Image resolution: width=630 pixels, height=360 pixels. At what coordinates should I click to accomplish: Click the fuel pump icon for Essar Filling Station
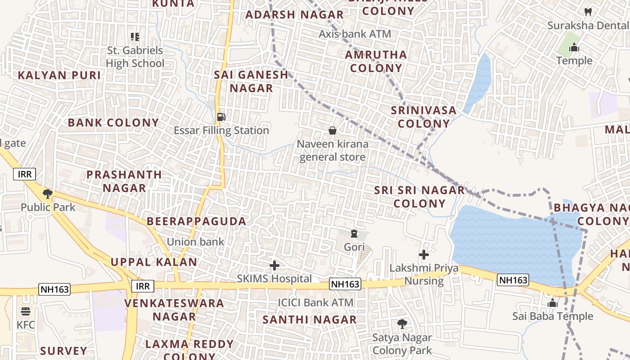(221, 117)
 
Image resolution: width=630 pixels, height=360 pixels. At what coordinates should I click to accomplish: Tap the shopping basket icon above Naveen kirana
(333, 130)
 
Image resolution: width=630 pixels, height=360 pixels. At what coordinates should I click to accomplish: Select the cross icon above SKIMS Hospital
(274, 265)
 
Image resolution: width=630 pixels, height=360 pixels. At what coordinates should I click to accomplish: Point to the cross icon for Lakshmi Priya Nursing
(423, 255)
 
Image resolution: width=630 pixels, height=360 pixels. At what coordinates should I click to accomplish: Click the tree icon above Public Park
(47, 194)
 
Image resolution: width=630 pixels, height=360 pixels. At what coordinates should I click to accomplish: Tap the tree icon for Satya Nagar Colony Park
(402, 324)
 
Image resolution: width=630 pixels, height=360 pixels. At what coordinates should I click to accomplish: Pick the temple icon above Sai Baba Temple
(552, 303)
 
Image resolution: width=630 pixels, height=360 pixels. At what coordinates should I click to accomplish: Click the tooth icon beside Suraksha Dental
(587, 12)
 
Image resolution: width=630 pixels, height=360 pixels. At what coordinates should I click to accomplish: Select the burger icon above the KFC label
(25, 311)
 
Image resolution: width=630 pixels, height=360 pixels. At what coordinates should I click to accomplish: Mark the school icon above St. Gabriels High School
(135, 37)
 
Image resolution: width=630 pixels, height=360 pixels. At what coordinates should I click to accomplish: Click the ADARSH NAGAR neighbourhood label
(294, 15)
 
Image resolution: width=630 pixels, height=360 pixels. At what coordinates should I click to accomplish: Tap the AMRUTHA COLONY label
(376, 62)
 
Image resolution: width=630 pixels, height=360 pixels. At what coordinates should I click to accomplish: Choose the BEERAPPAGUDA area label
(197, 221)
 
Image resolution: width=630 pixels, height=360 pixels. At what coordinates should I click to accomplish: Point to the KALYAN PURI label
(59, 75)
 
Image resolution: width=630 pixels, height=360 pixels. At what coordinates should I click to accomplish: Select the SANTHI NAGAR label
(310, 320)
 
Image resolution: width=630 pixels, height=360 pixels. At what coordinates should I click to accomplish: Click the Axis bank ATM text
(355, 34)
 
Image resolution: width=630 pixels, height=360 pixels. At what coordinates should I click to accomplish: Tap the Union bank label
(195, 242)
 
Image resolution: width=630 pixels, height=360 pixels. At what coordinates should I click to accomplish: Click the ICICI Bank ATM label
(315, 303)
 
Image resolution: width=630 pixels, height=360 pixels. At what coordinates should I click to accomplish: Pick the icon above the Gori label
(354, 234)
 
